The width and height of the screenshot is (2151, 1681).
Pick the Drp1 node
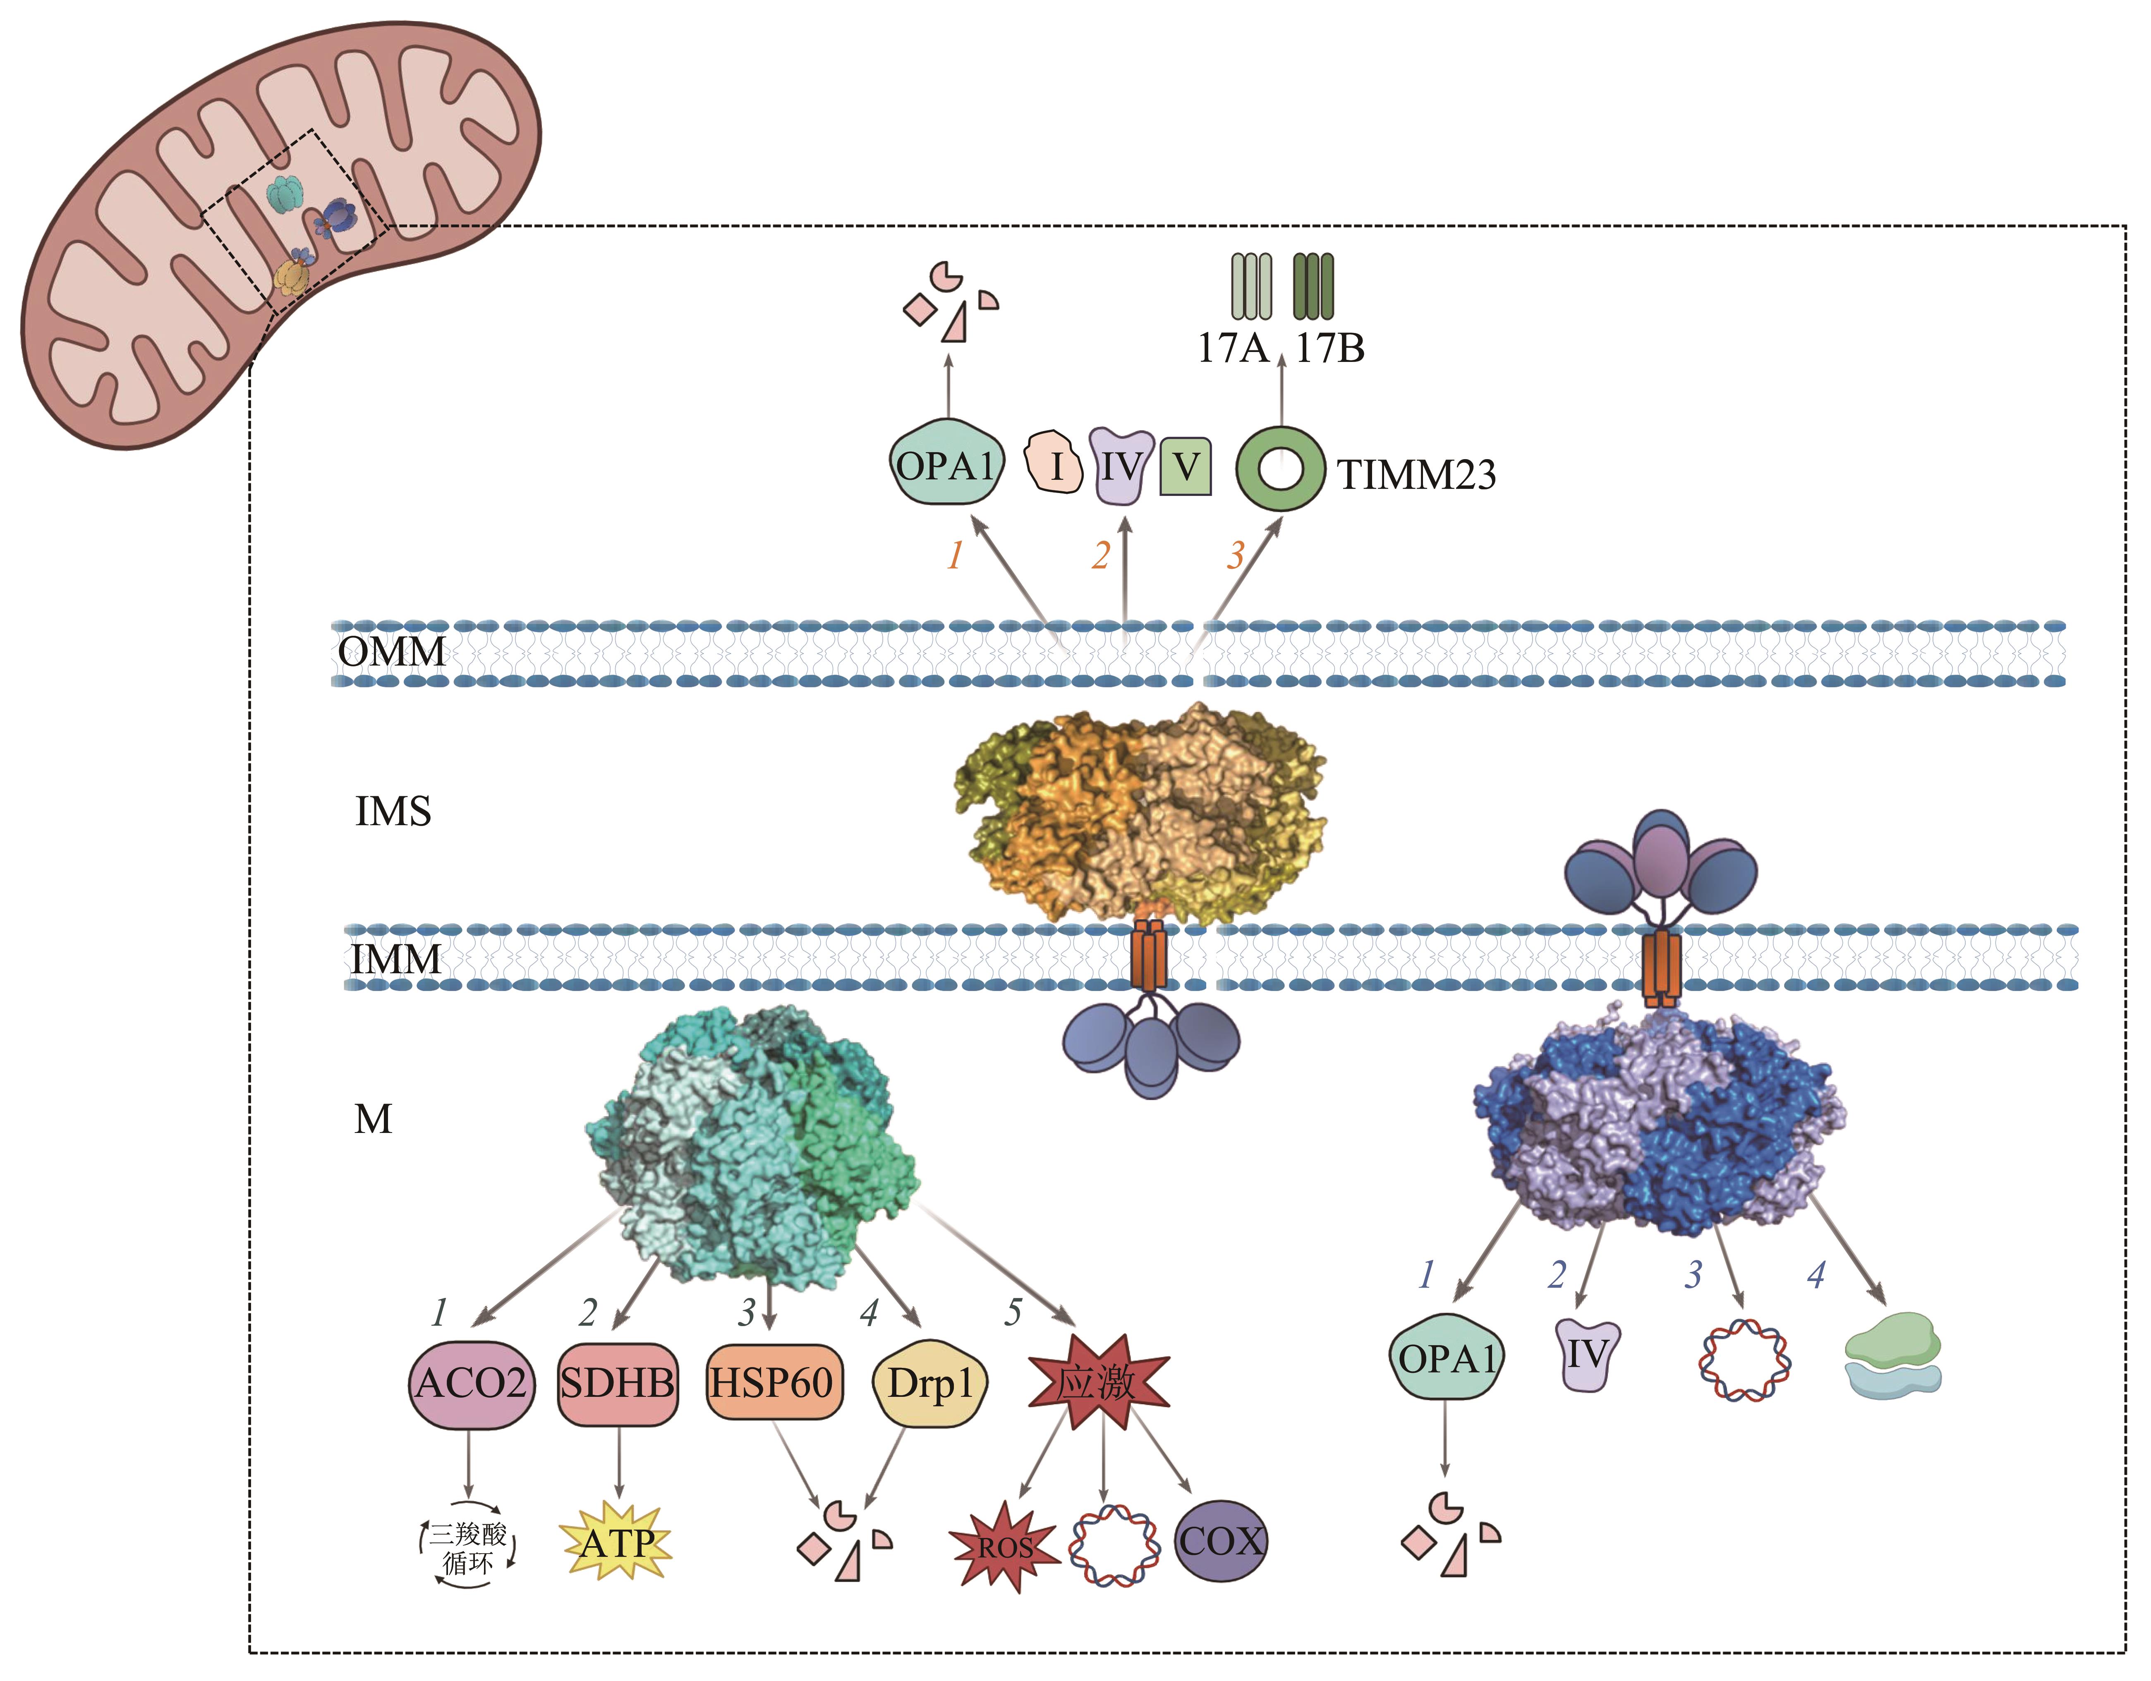tap(929, 1383)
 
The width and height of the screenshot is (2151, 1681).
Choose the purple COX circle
tap(1220, 1541)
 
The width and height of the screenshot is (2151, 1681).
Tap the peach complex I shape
tap(1055, 463)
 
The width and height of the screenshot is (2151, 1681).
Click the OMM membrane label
tap(391, 652)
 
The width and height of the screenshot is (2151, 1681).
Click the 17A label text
tap(1231, 349)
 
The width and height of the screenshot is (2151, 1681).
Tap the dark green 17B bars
tap(1313, 287)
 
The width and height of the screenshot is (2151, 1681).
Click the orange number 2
tap(1100, 556)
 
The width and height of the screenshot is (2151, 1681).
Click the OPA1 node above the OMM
tap(946, 465)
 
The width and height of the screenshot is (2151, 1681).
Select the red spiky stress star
tap(1097, 1383)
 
